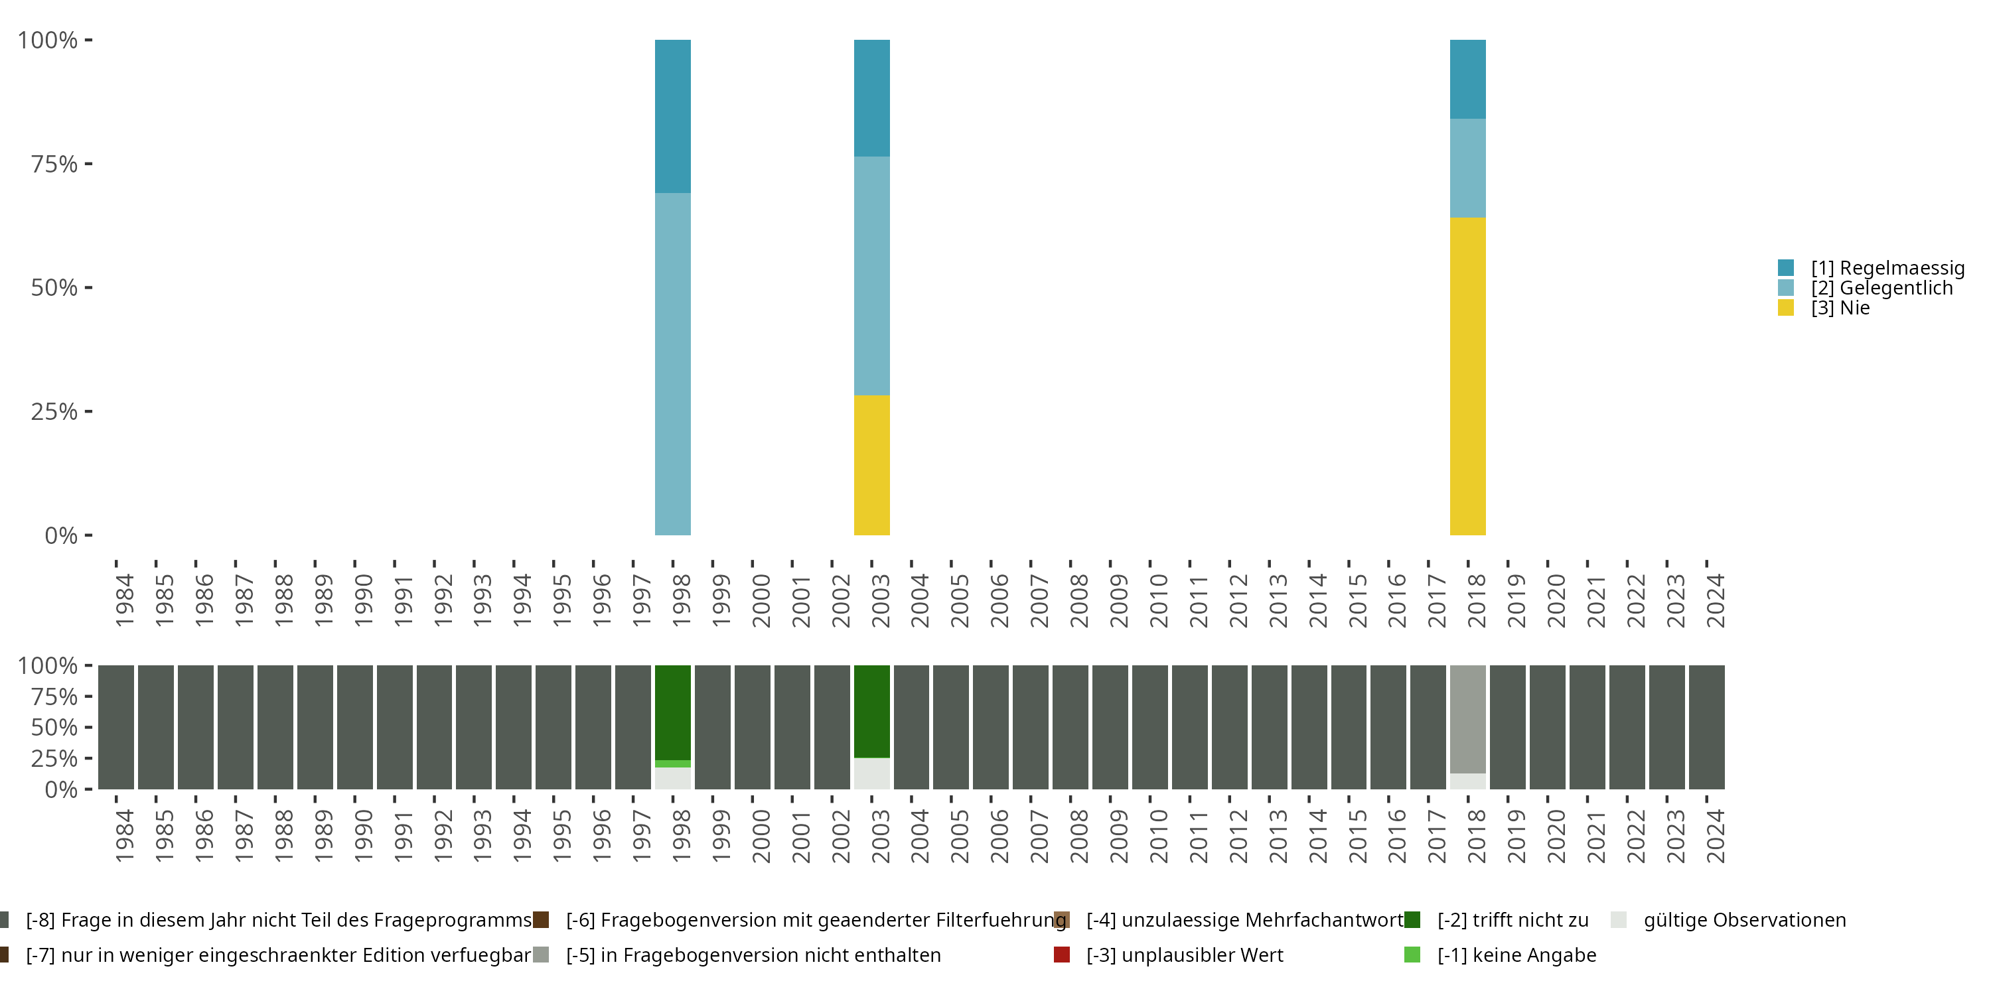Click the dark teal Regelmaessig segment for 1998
click(x=672, y=116)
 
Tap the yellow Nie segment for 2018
click(x=1467, y=376)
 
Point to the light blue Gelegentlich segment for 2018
click(x=1467, y=168)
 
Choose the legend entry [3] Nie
click(x=1840, y=308)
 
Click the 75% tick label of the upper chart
click(x=54, y=164)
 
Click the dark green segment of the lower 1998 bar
click(x=672, y=712)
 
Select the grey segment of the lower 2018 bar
click(x=1467, y=718)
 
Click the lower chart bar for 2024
click(x=1706, y=727)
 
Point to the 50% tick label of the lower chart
click(x=54, y=728)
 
